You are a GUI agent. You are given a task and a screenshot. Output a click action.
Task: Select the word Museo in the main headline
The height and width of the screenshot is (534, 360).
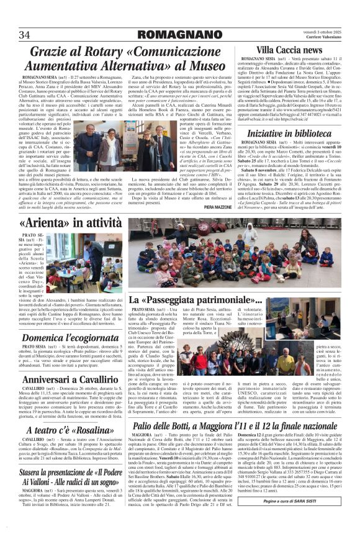(203, 65)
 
